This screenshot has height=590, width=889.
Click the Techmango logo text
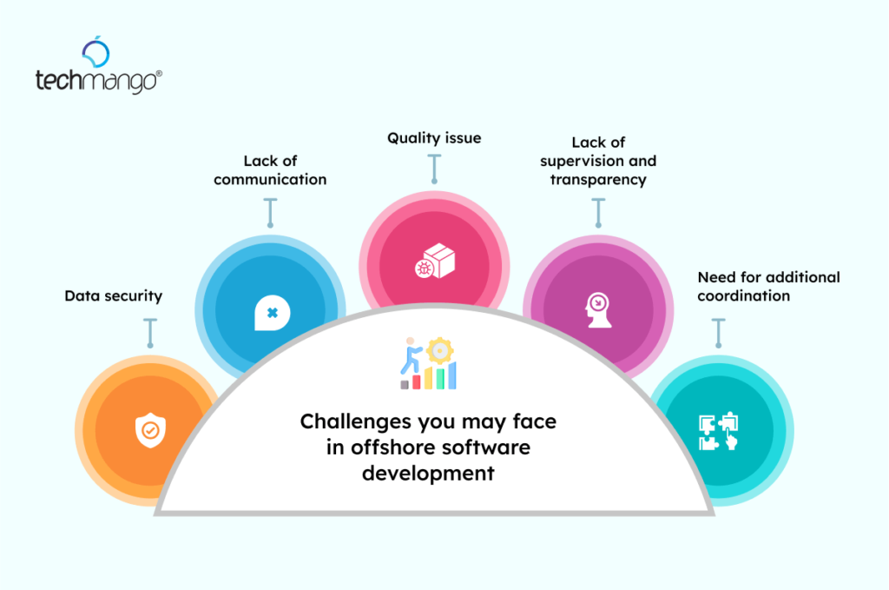coord(98,81)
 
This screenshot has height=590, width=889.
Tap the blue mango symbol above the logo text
coord(95,51)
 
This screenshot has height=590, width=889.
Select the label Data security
coord(114,295)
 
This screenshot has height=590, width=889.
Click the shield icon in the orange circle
coord(150,430)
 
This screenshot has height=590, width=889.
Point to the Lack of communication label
coord(270,170)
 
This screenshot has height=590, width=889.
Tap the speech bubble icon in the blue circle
coord(272,313)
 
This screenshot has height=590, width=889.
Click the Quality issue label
coord(434,138)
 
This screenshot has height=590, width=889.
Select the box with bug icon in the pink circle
coord(435,261)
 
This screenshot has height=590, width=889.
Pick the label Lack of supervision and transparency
coord(598,161)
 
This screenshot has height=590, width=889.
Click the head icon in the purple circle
coord(597,310)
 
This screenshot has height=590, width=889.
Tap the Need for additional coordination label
coord(769,286)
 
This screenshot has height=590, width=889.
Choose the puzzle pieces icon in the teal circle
coord(718,431)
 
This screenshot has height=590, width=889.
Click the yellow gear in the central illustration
coord(439,351)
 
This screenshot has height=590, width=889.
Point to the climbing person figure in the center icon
coord(411,355)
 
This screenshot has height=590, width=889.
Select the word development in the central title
coord(428,474)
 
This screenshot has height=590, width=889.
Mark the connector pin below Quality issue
coord(434,169)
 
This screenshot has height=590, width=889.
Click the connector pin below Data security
coord(150,333)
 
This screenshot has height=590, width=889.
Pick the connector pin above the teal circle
coord(718,333)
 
